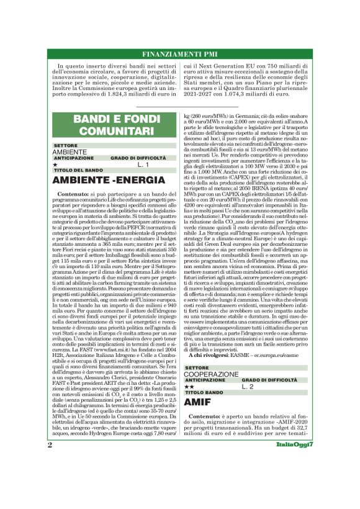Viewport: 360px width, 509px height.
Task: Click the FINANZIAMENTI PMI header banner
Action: tap(180, 54)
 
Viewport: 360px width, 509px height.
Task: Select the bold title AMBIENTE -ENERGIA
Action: tap(102, 181)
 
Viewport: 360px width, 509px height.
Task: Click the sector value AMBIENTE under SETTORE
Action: tap(70, 152)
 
